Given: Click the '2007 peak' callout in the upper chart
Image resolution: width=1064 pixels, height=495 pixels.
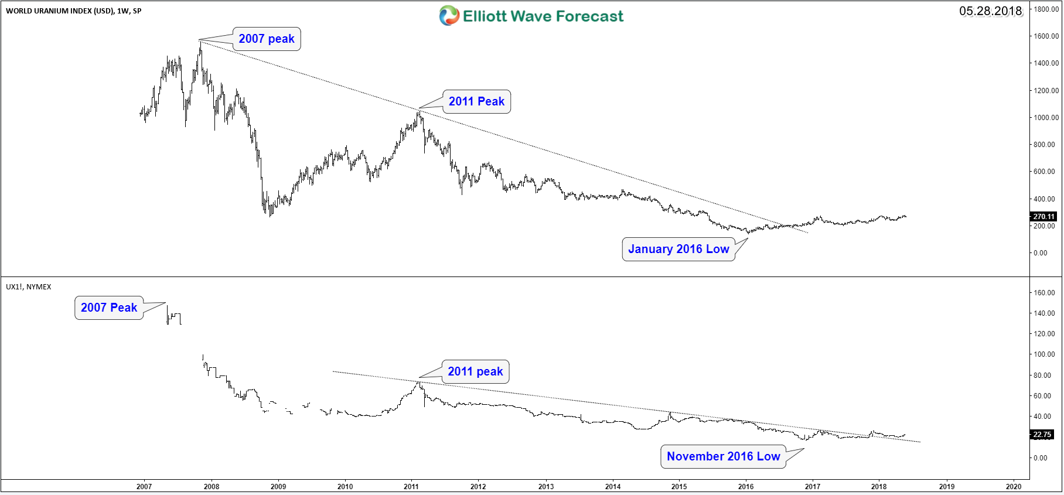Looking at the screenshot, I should pyautogui.click(x=267, y=39).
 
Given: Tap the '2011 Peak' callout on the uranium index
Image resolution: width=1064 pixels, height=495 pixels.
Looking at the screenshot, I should pyautogui.click(x=476, y=101).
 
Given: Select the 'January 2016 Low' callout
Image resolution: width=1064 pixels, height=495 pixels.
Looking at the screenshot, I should pyautogui.click(x=678, y=249).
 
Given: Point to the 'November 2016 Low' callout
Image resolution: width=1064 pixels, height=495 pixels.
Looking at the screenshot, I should pyautogui.click(x=723, y=456).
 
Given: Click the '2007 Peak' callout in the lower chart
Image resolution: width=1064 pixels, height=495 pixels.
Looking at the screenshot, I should pyautogui.click(x=109, y=308).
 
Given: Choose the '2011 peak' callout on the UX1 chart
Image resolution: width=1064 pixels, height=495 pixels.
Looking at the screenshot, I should pyautogui.click(x=475, y=371).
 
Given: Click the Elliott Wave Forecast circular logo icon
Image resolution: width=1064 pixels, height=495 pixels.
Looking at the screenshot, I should pyautogui.click(x=449, y=16).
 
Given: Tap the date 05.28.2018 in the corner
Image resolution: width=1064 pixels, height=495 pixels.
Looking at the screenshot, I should pyautogui.click(x=990, y=11).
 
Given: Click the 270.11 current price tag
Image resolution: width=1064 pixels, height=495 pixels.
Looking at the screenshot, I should pyautogui.click(x=1043, y=217).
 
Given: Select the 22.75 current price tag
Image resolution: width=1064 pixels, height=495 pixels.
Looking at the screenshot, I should pyautogui.click(x=1042, y=435).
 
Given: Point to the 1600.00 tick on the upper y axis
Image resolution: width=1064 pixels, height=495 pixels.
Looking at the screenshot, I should pyautogui.click(x=1046, y=36).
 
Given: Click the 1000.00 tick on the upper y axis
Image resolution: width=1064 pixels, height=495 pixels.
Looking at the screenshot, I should pyautogui.click(x=1046, y=118).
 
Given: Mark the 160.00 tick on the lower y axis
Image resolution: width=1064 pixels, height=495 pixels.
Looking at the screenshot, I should pyautogui.click(x=1044, y=293).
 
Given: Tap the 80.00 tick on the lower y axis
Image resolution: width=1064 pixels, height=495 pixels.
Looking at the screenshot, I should pyautogui.click(x=1042, y=375).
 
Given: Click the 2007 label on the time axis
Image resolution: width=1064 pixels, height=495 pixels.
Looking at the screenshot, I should pyautogui.click(x=144, y=487).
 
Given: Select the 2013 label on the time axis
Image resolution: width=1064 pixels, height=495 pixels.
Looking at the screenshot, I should pyautogui.click(x=546, y=487).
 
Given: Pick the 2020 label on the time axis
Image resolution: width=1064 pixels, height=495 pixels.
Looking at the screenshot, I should pyautogui.click(x=1014, y=487).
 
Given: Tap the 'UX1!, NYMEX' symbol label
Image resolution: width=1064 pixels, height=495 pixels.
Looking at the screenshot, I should pyautogui.click(x=29, y=287).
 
